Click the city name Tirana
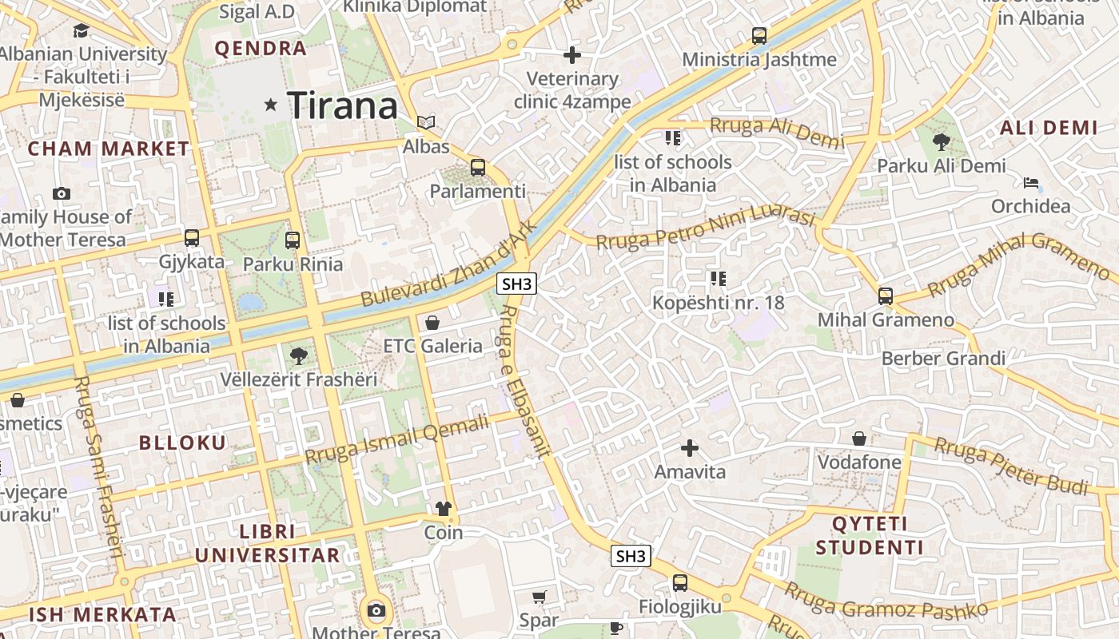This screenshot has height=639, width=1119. [342, 106]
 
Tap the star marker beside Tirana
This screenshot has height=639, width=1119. [271, 105]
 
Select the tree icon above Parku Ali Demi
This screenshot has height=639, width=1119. [941, 142]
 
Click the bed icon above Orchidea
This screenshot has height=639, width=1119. [1031, 183]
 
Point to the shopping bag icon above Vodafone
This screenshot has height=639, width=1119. [859, 439]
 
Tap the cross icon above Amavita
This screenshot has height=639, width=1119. [690, 448]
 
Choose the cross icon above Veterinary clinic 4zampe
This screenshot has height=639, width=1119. [572, 55]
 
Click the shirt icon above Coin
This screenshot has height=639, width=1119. [443, 509]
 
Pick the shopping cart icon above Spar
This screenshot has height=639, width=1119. [540, 597]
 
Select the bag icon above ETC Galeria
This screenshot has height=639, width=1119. [432, 323]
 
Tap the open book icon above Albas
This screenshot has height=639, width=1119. [426, 123]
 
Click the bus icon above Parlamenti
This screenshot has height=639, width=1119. [478, 168]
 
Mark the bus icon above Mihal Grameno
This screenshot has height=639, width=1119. [886, 296]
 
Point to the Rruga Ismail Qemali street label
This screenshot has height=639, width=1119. [396, 440]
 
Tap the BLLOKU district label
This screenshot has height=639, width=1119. [183, 443]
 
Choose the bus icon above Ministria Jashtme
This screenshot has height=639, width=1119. [759, 36]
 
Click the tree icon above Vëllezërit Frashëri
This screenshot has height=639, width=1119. [299, 355]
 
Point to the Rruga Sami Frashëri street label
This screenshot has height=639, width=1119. [98, 466]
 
